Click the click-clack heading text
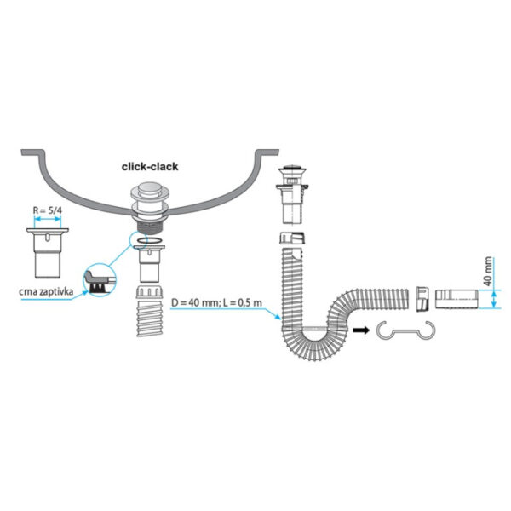click(x=150, y=167)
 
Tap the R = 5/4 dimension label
click(x=47, y=210)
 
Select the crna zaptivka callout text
click(x=46, y=291)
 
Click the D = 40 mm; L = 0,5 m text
click(x=216, y=302)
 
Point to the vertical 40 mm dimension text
click(x=487, y=271)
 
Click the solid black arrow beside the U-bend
click(x=361, y=330)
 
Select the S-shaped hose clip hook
click(x=405, y=330)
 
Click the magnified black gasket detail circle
click(x=100, y=279)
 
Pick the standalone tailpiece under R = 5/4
click(x=48, y=253)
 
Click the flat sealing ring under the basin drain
click(x=150, y=241)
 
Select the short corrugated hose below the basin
click(x=150, y=319)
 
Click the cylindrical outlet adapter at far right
click(x=456, y=299)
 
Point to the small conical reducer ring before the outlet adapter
click(x=422, y=299)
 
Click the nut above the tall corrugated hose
click(x=292, y=238)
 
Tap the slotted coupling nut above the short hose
click(x=149, y=291)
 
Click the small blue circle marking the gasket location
click(x=139, y=239)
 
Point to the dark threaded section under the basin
click(x=150, y=226)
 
